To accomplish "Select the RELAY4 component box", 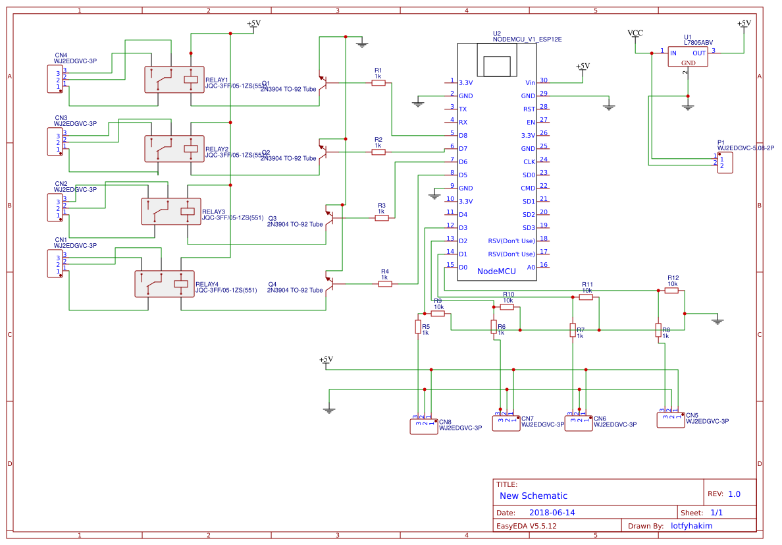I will tap(165, 284).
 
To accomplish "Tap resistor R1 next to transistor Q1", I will tap(378, 83).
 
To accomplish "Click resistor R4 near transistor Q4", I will tap(385, 284).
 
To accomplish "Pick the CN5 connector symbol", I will tap(670, 420).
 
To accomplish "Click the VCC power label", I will tap(635, 33).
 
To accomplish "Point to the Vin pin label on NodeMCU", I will tap(530, 83).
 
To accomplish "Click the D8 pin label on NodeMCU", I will tap(463, 136).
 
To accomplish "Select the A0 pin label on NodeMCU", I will tap(531, 268).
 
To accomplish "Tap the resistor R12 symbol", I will tap(671, 290).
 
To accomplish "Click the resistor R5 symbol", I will tap(418, 326).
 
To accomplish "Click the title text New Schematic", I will tap(533, 496).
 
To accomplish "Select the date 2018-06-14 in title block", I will tap(552, 513).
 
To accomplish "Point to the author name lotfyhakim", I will tap(691, 526).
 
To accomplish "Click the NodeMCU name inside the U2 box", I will tap(496, 271).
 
